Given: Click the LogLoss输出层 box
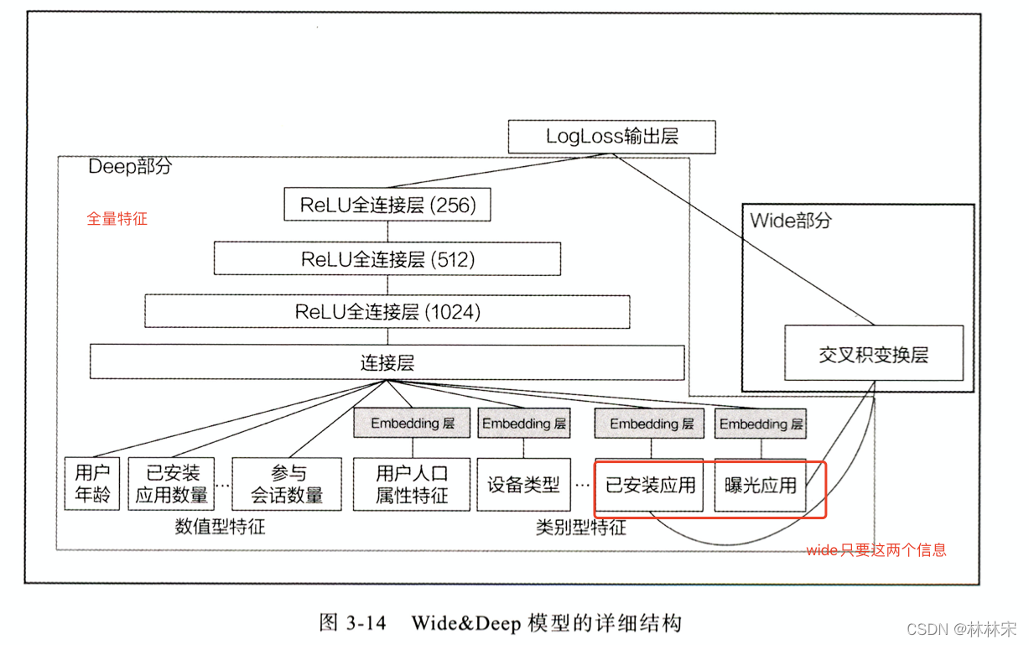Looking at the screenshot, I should [611, 137].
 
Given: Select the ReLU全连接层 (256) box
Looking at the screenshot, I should [387, 205].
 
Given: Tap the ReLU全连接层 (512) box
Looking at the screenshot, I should [387, 259].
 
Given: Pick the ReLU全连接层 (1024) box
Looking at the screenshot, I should [387, 312].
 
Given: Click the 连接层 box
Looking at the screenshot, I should [387, 363].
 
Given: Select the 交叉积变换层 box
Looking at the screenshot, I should [873, 354].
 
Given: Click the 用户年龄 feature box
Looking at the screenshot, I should [92, 484].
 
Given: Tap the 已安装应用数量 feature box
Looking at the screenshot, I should [172, 484].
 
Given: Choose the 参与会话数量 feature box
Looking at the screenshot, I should [288, 484].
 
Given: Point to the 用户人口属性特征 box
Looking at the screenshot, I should [412, 484].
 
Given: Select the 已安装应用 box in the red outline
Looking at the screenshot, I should [651, 485].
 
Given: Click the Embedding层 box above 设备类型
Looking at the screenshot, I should [523, 424].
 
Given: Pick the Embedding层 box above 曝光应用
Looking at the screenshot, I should [761, 424].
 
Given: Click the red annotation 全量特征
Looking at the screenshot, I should [117, 219].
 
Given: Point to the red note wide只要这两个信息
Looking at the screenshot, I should [876, 550].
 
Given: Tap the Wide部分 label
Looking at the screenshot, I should [791, 221].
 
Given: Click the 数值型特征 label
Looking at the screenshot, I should [220, 527].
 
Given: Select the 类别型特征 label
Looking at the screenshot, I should [580, 528].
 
